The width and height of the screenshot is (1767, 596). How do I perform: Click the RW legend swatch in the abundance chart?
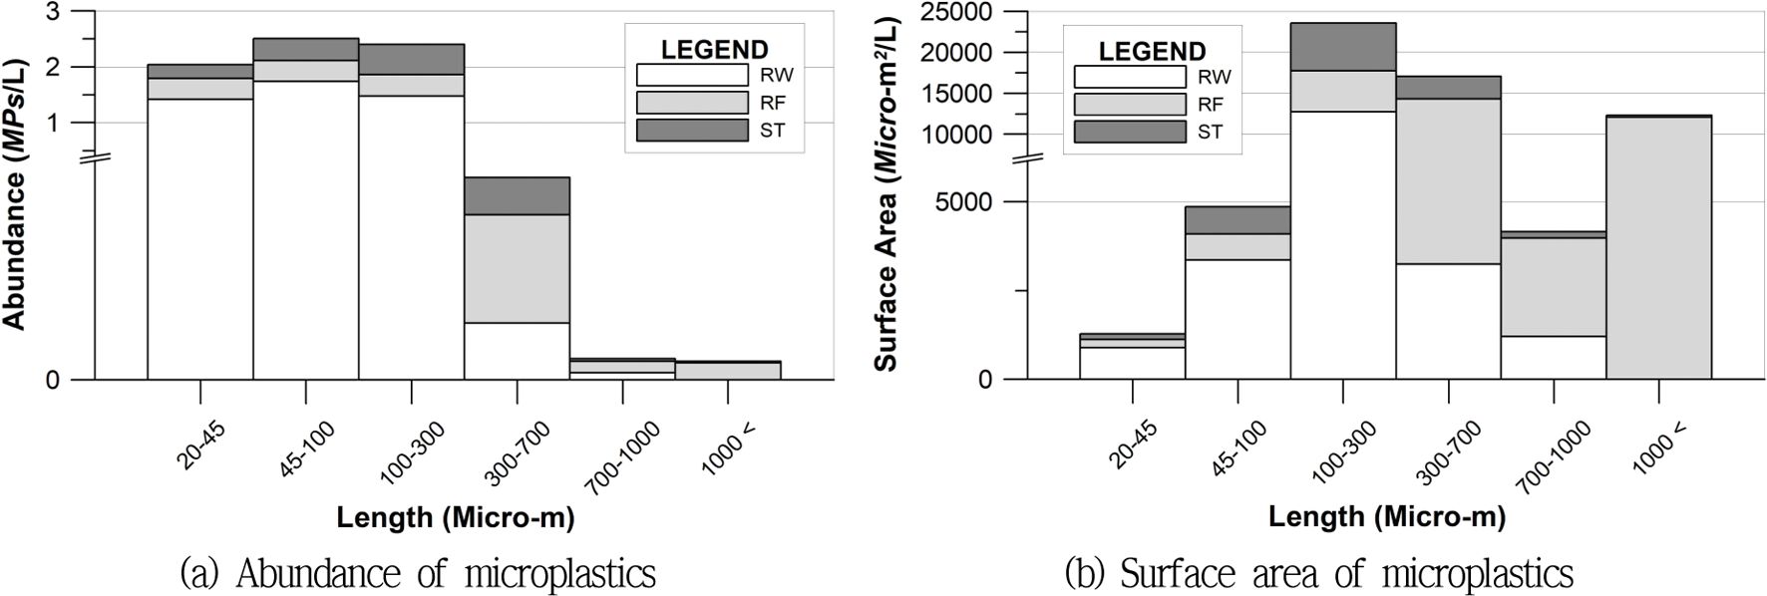pyautogui.click(x=691, y=75)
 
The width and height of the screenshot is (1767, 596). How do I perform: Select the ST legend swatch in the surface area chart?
pyautogui.click(x=1129, y=132)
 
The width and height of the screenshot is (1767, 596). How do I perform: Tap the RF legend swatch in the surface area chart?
pyautogui.click(x=1129, y=104)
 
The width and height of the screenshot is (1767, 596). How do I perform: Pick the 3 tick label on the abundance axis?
pyautogui.click(x=53, y=12)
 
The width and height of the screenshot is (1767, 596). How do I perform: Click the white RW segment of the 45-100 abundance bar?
pyautogui.click(x=305, y=229)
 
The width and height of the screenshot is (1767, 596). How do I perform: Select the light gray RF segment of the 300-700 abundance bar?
pyautogui.click(x=517, y=268)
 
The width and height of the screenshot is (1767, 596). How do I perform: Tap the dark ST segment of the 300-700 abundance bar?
pyautogui.click(x=517, y=195)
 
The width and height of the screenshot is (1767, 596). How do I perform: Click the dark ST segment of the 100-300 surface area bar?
pyautogui.click(x=1342, y=47)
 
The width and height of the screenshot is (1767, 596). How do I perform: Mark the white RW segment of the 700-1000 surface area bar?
pyautogui.click(x=1553, y=357)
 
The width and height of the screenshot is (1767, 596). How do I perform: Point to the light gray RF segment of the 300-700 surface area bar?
pyautogui.click(x=1448, y=180)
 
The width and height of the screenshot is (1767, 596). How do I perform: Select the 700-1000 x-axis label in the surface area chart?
pyautogui.click(x=1553, y=456)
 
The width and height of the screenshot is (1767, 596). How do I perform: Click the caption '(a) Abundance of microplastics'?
pyautogui.click(x=418, y=574)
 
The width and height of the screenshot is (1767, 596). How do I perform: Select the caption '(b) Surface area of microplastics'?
pyautogui.click(x=1318, y=574)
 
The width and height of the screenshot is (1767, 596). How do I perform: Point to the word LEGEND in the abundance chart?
pyautogui.click(x=714, y=50)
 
